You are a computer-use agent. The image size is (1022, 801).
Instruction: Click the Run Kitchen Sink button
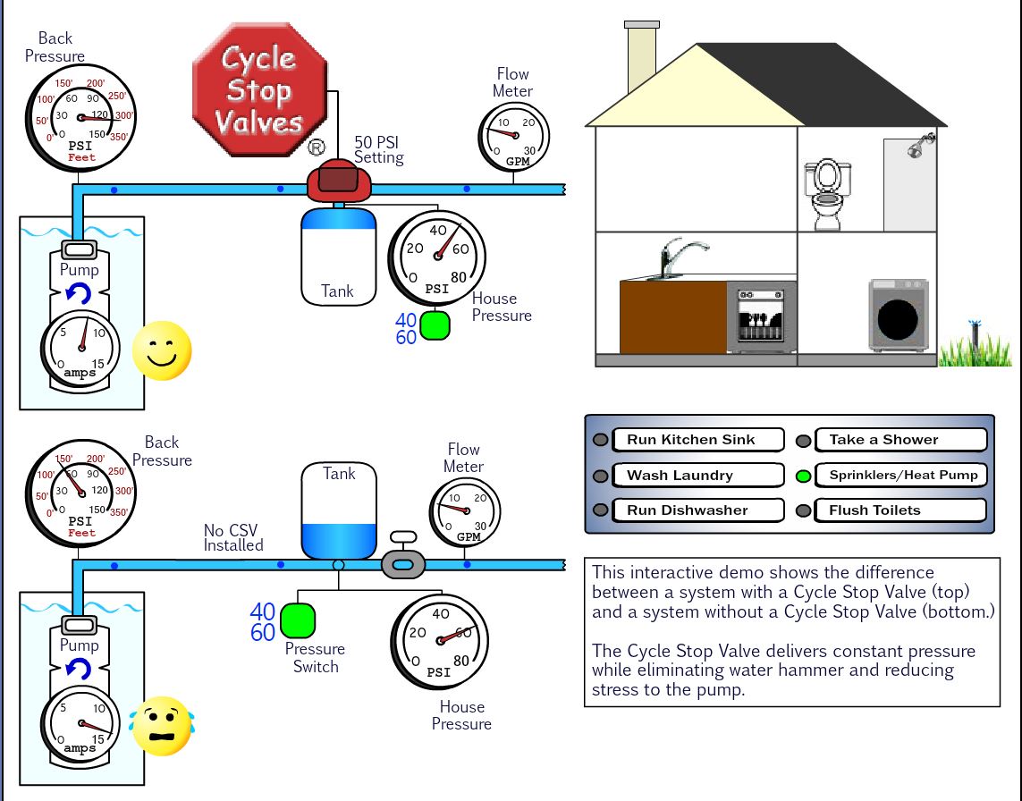point(697,440)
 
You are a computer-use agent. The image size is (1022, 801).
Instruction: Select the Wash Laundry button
point(697,476)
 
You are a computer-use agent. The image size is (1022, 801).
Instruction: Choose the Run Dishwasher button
point(697,510)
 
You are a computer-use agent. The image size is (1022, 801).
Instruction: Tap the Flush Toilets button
point(900,510)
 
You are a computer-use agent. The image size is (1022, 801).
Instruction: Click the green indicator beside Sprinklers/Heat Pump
point(803,476)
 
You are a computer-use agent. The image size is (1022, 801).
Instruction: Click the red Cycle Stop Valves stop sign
point(260,90)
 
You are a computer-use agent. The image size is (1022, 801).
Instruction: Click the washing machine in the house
point(898,316)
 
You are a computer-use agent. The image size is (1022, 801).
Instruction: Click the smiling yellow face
point(162,350)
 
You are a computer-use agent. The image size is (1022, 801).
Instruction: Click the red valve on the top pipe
point(339,182)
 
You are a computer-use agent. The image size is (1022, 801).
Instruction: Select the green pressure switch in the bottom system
point(298,620)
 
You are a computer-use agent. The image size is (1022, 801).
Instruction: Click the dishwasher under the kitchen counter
point(760,317)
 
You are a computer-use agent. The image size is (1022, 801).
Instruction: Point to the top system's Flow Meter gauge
point(513,137)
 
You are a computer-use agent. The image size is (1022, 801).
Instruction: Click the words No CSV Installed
point(233,537)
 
